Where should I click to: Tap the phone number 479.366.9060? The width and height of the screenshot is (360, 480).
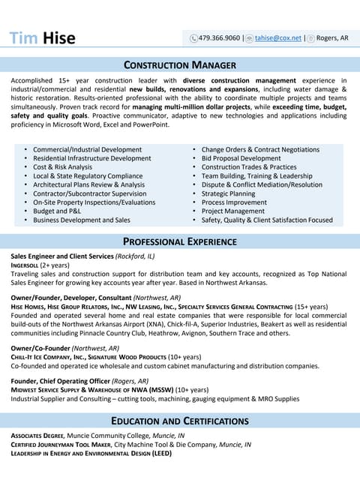(220, 37)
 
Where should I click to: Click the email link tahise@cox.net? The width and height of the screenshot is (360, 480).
(277, 37)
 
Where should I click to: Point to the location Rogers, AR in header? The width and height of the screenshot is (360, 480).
(333, 37)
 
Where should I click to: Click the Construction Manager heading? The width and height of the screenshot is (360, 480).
(180, 65)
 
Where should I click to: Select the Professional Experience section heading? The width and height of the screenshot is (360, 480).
(180, 241)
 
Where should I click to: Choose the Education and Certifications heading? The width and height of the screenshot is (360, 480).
(180, 421)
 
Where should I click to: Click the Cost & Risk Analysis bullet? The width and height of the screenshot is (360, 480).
(63, 167)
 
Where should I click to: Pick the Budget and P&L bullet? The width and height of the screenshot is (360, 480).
(62, 211)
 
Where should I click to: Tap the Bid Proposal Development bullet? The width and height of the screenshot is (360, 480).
(241, 158)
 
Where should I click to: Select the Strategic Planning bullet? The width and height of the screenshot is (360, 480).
(229, 193)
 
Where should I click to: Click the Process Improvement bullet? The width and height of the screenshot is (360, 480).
(235, 202)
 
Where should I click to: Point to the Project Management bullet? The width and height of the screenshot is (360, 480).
(233, 211)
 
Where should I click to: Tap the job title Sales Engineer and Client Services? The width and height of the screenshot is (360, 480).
(61, 256)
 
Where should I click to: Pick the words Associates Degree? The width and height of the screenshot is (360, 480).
(37, 435)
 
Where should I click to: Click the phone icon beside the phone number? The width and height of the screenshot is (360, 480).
(194, 38)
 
